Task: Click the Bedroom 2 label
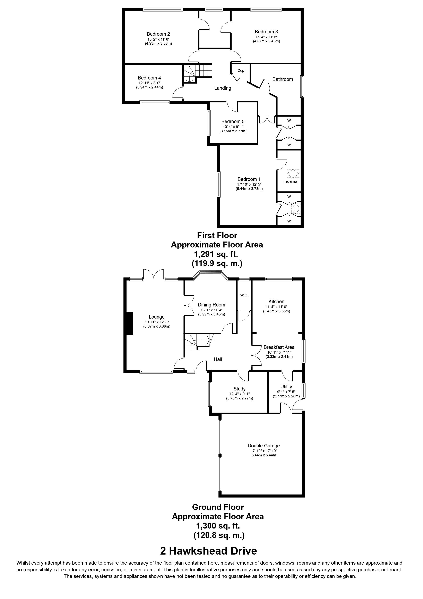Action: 158,34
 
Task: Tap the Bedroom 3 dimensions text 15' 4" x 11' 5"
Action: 266,37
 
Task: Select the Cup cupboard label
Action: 241,70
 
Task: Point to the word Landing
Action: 222,88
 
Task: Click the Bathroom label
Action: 283,79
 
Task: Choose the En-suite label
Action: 290,182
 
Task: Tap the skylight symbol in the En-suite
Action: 293,173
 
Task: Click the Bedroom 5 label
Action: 233,121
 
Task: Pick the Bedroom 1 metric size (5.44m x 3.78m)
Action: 249,189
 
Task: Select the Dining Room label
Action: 211,305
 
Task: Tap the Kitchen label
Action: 276,302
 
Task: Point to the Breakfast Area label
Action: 279,347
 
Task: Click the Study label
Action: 239,389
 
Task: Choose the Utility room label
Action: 286,387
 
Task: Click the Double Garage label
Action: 264,446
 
